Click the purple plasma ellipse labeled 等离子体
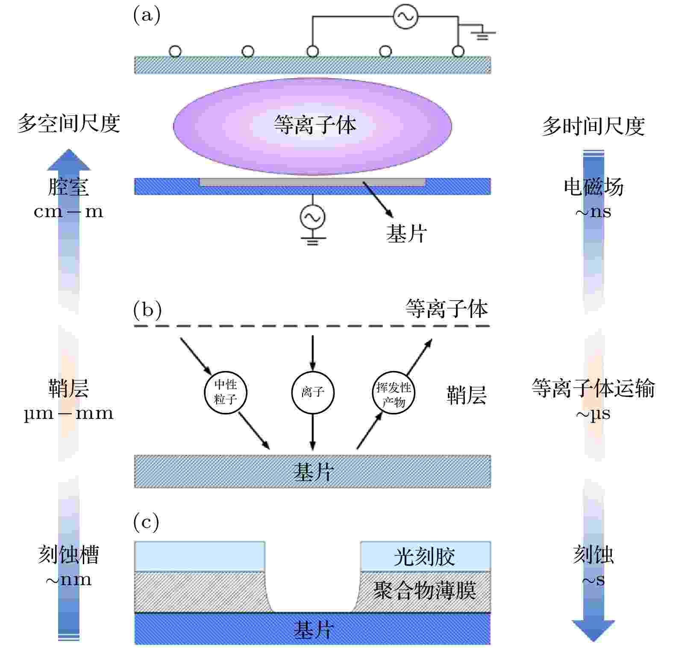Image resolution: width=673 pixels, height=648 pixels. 312,127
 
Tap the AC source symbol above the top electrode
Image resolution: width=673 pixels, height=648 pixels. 405,17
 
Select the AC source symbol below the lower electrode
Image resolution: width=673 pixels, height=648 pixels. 312,217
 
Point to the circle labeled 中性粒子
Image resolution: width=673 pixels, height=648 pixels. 226,393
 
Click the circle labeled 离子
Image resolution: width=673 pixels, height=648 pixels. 313,393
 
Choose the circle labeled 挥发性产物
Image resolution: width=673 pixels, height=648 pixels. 394,393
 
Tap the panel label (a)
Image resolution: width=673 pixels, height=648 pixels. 147,15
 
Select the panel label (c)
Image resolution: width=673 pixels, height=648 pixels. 146,522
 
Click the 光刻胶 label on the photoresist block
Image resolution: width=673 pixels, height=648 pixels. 424,557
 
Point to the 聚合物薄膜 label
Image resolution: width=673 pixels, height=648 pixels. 425,591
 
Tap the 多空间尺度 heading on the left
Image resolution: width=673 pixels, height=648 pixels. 69,124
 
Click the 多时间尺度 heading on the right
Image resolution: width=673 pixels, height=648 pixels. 594,127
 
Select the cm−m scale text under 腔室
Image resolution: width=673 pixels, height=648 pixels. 68,212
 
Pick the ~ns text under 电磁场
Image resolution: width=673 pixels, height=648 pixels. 593,212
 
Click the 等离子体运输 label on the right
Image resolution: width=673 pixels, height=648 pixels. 593,389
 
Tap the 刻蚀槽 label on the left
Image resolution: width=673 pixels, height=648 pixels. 68,554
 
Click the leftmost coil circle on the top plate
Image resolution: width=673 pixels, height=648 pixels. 175,52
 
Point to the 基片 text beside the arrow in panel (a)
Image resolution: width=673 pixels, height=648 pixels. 406,233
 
